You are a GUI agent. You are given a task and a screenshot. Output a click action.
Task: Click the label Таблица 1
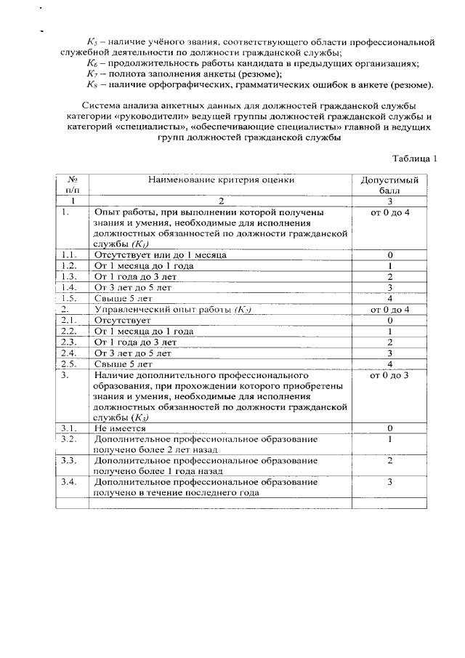(415, 159)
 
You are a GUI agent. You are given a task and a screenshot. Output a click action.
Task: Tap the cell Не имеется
(119, 429)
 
